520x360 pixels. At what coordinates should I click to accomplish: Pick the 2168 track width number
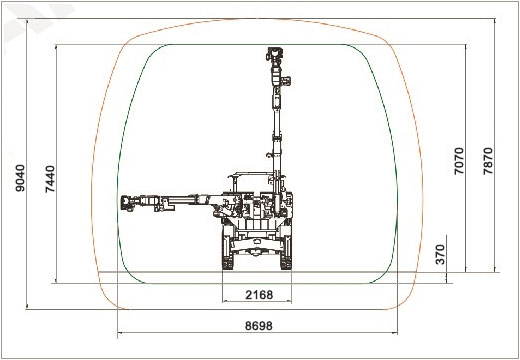[257, 295]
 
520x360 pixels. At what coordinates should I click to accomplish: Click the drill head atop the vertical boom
[273, 59]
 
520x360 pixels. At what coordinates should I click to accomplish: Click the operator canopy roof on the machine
[250, 174]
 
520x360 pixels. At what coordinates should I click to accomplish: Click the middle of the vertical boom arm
[273, 120]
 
